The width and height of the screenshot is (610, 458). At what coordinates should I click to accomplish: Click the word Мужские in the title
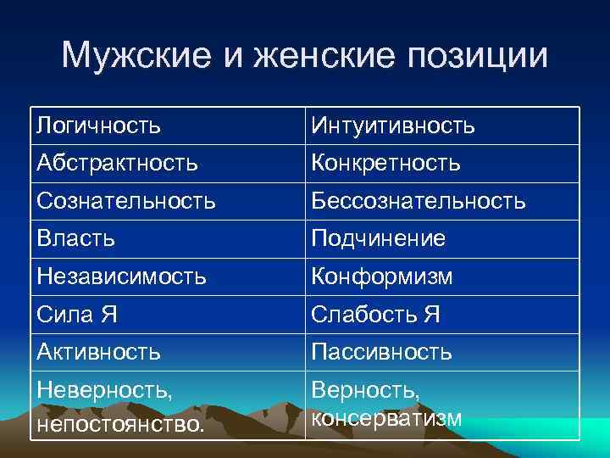126,56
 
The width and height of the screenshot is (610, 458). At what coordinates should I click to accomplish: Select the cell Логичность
99,126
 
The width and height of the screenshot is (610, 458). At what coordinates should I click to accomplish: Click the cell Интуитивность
393,126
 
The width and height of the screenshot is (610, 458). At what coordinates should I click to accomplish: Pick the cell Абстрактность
117,162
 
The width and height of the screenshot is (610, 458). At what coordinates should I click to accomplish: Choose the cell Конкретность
385,162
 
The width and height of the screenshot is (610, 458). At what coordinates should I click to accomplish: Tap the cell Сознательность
125,201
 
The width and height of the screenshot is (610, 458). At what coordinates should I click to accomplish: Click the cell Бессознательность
419,201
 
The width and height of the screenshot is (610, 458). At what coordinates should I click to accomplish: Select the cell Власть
76,239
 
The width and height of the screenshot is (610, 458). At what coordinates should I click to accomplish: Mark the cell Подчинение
378,239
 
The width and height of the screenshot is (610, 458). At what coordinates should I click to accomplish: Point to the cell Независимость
121,276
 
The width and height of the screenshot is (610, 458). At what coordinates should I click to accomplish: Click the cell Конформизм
381,276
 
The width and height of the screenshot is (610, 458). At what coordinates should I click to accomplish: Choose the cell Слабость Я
375,315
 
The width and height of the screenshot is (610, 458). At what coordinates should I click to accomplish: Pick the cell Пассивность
381,351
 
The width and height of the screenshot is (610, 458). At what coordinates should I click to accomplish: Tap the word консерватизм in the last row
387,418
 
